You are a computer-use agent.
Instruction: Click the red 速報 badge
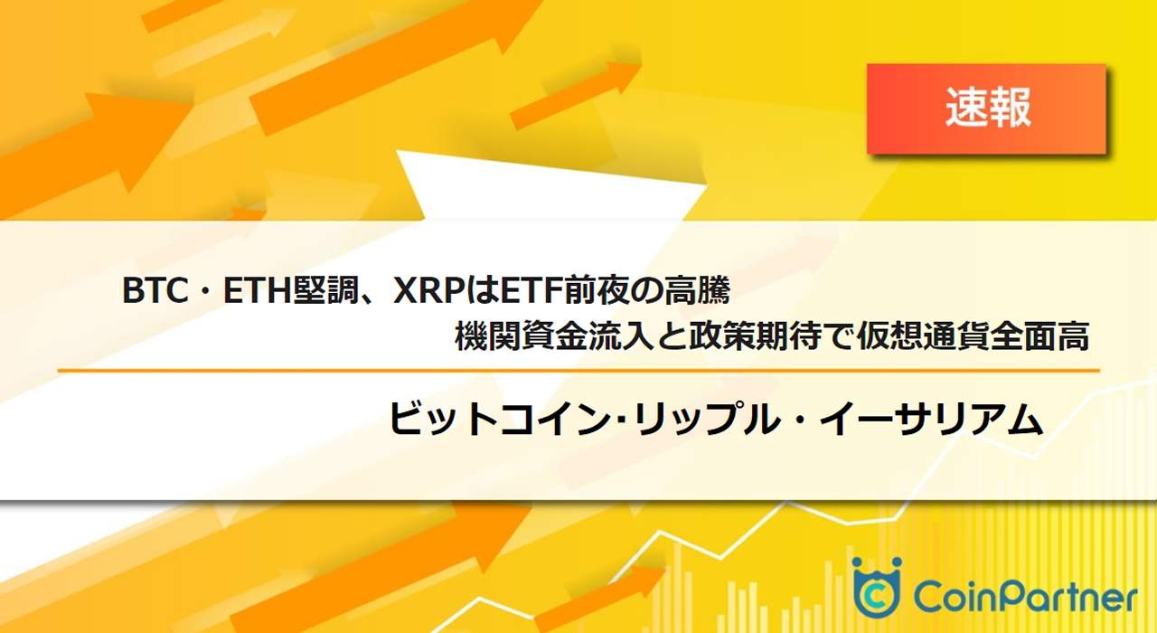point(986,109)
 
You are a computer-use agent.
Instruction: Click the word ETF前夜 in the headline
point(552,292)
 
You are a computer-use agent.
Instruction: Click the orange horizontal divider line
point(578,371)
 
